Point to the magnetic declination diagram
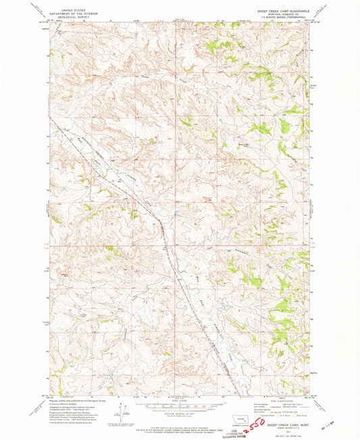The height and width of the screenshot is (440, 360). click(123, 411)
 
